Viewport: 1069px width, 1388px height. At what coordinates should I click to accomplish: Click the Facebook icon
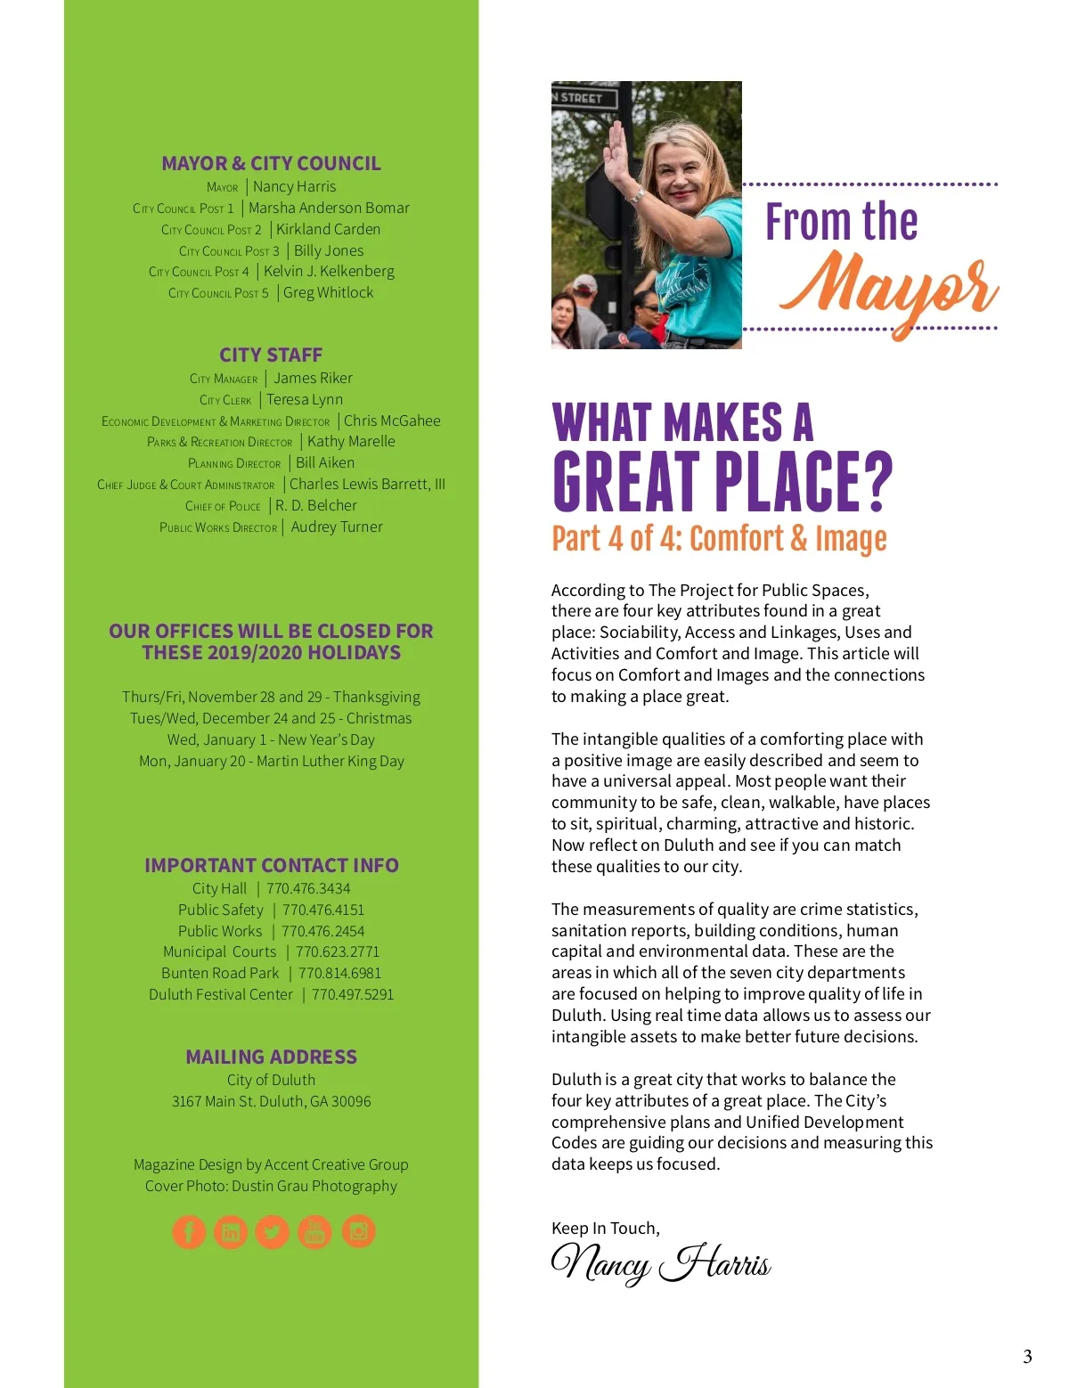[x=189, y=1231]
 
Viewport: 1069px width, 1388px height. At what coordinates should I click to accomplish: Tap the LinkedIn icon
[x=231, y=1231]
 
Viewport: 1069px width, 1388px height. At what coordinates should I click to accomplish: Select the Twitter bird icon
[x=273, y=1231]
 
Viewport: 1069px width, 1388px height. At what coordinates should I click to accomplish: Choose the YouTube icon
[x=314, y=1231]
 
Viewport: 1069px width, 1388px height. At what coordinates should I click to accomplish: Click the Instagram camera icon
[x=358, y=1231]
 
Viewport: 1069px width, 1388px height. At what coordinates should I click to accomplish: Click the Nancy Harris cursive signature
[x=660, y=1263]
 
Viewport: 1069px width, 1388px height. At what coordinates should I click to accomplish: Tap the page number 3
[x=1027, y=1356]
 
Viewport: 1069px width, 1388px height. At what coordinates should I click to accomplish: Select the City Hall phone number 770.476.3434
[x=308, y=888]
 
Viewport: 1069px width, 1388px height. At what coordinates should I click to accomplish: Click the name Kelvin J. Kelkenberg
[x=329, y=271]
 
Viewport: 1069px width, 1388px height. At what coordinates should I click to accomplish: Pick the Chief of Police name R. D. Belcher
[x=316, y=505]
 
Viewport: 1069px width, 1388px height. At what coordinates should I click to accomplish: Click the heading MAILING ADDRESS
[x=271, y=1057]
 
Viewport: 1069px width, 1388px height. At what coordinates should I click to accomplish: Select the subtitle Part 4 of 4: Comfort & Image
[x=719, y=538]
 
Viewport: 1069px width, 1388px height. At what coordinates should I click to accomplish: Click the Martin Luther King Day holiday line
[x=271, y=761]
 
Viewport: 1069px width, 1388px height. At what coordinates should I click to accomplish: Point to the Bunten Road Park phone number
[x=339, y=973]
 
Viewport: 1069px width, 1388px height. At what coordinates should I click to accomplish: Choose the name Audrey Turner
[x=337, y=527]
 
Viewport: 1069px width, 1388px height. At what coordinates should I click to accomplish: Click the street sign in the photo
[x=584, y=97]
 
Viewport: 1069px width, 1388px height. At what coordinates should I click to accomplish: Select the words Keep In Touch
[x=605, y=1228]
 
